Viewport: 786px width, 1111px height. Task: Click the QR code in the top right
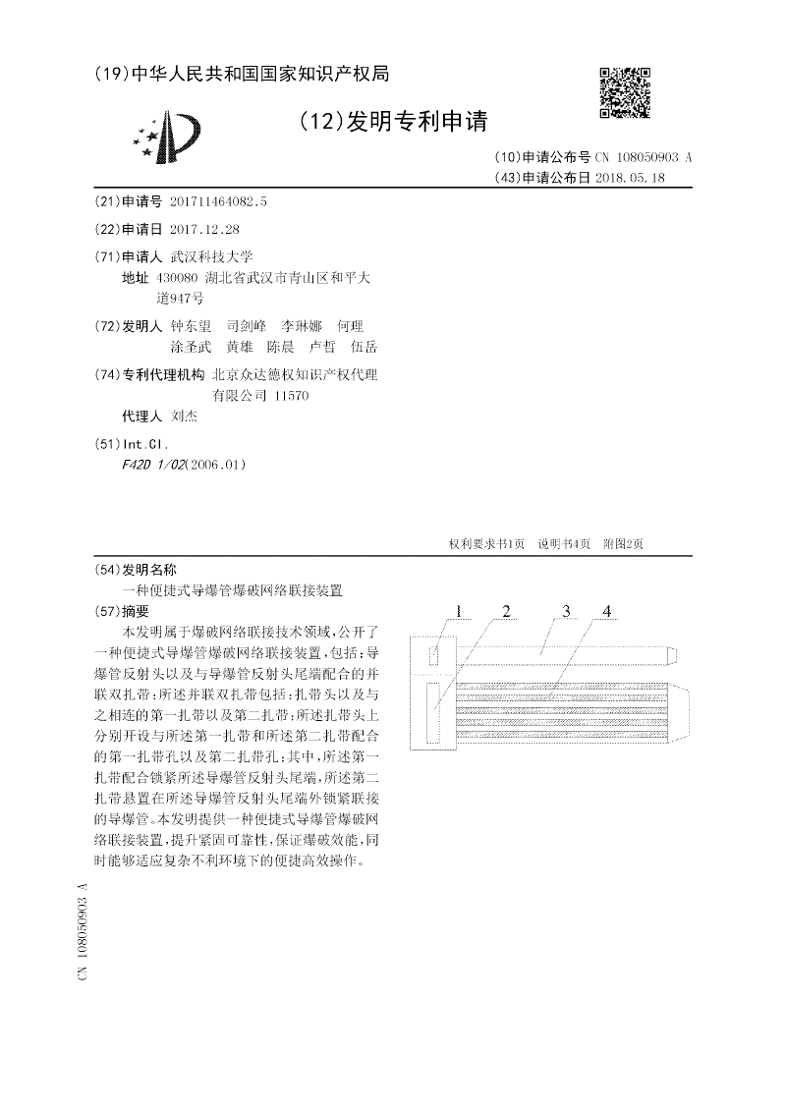point(625,92)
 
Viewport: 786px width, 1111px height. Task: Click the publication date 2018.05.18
point(637,178)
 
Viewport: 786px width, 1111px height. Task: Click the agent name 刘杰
point(184,417)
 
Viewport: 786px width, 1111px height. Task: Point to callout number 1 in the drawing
point(458,612)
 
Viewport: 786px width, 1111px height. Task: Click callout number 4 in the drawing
point(607,612)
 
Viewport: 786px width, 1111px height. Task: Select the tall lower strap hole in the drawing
point(434,712)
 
